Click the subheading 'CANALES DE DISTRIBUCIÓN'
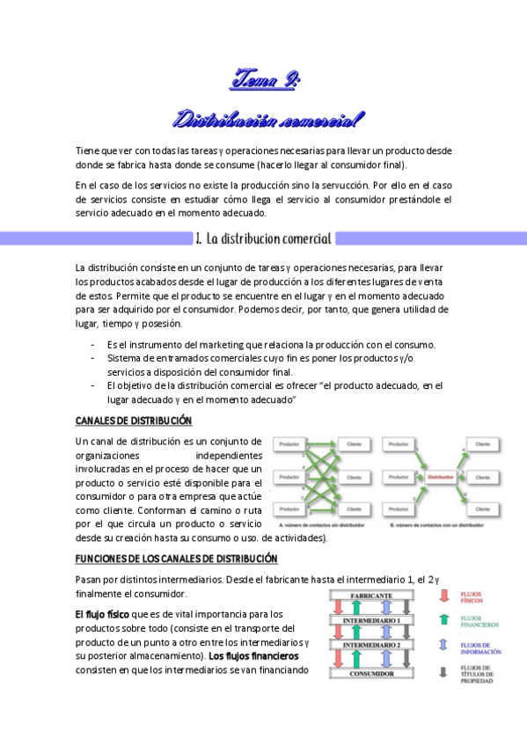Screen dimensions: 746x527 [134, 421]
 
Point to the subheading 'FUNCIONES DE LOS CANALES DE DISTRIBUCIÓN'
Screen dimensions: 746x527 [176, 559]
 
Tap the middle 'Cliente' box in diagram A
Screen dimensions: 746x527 [355, 477]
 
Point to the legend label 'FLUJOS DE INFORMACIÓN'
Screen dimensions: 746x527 [480, 649]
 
